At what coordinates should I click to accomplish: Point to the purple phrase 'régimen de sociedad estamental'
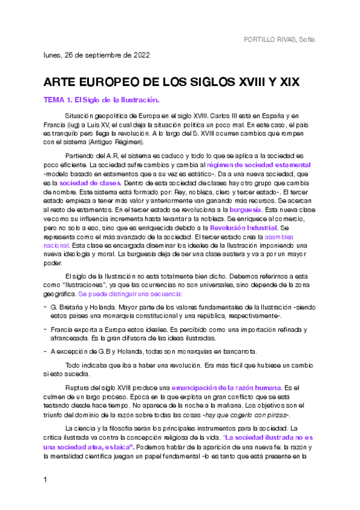(x=259, y=165)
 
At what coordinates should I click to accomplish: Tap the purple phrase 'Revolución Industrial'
(x=243, y=229)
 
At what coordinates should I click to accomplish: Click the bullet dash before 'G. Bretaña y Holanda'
(x=46, y=307)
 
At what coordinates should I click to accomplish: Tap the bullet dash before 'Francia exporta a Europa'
(x=46, y=330)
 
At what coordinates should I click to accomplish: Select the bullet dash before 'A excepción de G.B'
(x=46, y=351)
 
